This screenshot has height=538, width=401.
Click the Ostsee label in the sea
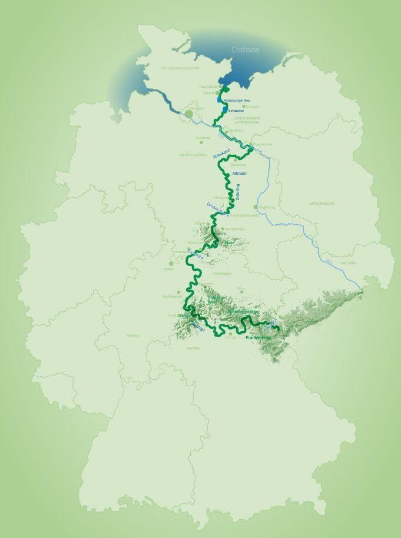(246, 49)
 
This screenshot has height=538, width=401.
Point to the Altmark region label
(240, 174)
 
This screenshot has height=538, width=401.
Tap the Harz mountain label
(230, 242)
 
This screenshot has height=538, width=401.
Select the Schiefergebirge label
(243, 312)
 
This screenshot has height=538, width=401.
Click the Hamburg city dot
(188, 112)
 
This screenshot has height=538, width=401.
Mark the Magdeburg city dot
(256, 207)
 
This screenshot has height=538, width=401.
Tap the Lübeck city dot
(217, 92)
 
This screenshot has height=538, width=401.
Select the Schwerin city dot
(243, 107)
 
